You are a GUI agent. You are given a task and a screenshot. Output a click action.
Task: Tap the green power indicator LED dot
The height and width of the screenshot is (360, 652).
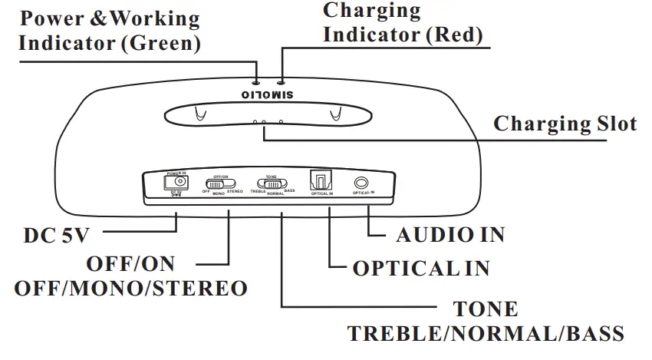257,81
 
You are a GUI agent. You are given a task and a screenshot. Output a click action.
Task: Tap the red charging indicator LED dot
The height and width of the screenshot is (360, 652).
282,81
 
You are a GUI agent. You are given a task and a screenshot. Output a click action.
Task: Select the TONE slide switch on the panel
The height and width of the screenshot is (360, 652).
272,184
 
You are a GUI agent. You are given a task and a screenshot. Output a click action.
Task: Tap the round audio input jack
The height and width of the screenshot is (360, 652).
361,183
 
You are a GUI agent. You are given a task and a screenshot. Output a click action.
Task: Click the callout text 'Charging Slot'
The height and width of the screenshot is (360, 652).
565,124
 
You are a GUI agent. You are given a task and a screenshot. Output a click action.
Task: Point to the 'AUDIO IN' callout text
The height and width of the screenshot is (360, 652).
450,235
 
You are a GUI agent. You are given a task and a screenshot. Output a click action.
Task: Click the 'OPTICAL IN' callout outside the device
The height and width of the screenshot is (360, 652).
420,268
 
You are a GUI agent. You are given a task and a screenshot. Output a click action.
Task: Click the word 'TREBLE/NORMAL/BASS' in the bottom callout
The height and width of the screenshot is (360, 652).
486,335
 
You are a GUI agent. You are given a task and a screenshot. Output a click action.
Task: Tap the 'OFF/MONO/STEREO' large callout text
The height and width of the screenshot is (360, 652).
131,289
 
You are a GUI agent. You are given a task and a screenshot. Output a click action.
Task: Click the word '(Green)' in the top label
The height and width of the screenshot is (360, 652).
162,44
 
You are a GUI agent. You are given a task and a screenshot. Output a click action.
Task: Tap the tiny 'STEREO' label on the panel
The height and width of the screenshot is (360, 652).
235,190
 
